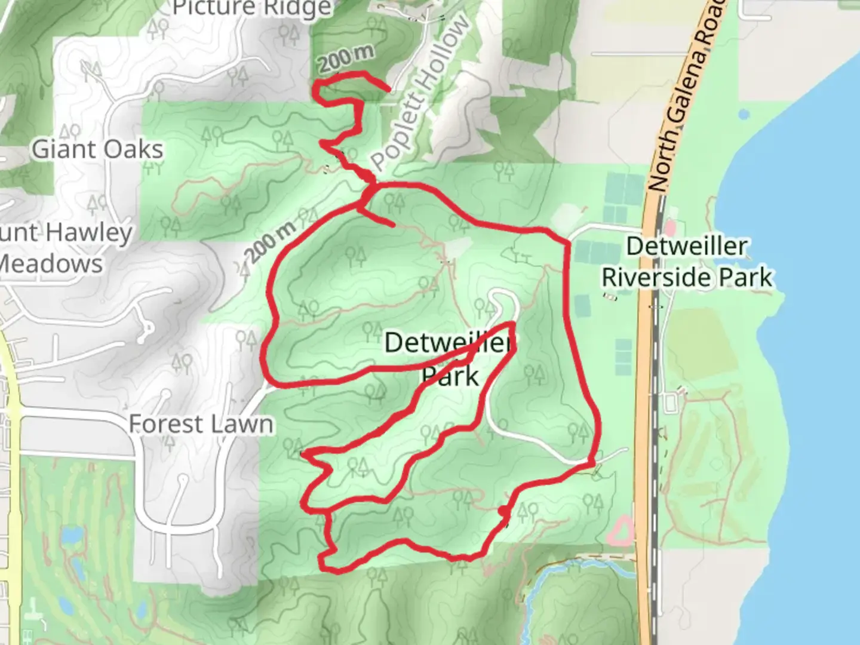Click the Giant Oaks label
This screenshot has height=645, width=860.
tap(97, 149)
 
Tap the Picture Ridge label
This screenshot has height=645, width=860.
tap(251, 8)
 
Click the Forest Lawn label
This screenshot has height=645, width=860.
tap(201, 425)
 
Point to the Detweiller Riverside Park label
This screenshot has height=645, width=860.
tap(687, 262)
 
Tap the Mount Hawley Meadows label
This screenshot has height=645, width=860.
tap(60, 248)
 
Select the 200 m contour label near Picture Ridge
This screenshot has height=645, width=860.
tap(346, 58)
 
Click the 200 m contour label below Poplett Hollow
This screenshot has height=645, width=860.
tap(271, 241)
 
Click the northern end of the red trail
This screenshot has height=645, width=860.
tap(389, 90)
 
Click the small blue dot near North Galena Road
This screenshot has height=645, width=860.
tap(744, 113)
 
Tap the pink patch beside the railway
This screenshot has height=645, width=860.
tap(669, 227)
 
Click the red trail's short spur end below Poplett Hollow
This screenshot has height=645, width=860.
tap(392, 225)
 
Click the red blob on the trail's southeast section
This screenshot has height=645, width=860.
tap(504, 512)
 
